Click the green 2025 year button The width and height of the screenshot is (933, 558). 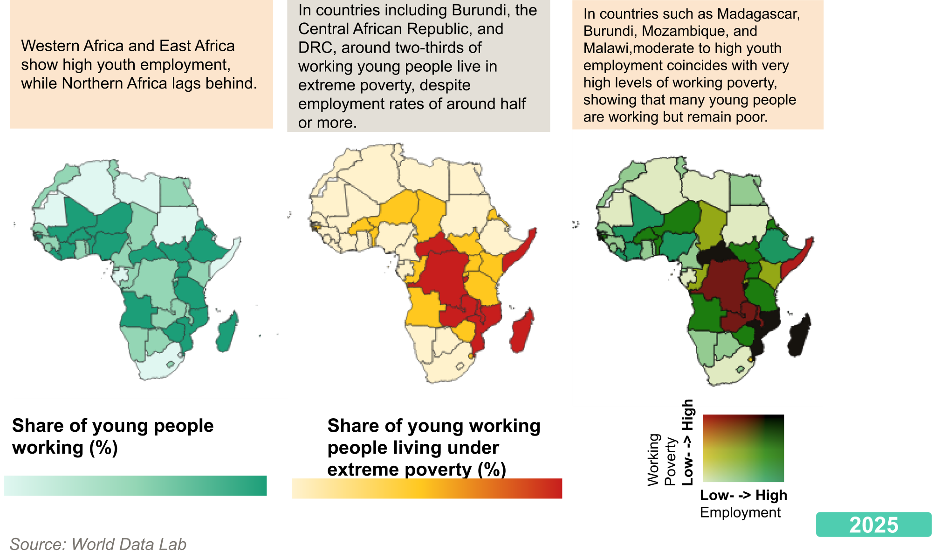pyautogui.click(x=873, y=525)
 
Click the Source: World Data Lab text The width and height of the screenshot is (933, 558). pyautogui.click(x=98, y=544)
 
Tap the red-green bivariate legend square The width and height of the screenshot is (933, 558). pyautogui.click(x=743, y=448)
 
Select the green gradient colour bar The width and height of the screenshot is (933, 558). pyautogui.click(x=135, y=485)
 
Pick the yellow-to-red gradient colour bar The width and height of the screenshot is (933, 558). pyautogui.click(x=426, y=488)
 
